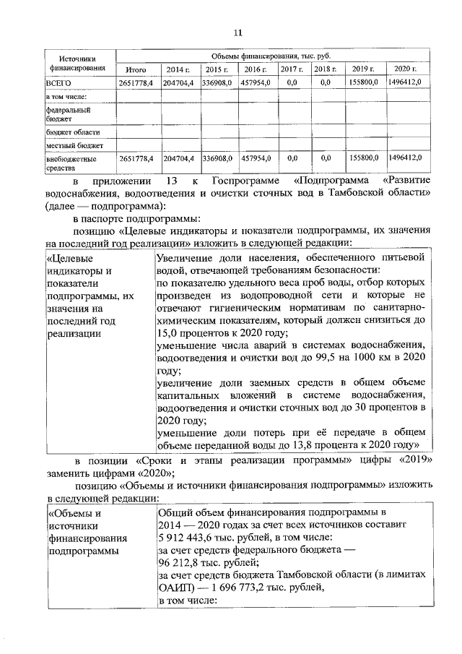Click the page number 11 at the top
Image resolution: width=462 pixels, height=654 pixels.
point(238,30)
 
